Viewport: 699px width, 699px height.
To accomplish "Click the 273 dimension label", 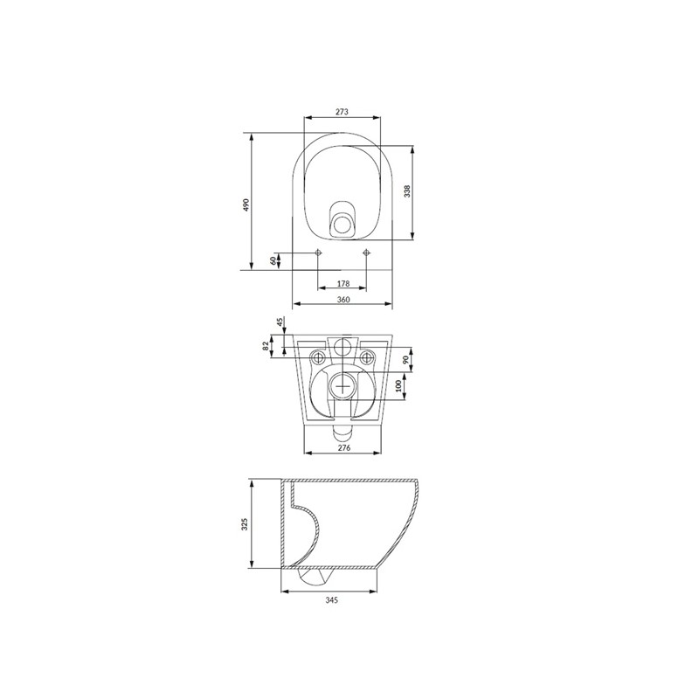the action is (x=342, y=112).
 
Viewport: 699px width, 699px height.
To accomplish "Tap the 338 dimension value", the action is (x=407, y=191).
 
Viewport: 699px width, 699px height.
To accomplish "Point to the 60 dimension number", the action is (x=273, y=260).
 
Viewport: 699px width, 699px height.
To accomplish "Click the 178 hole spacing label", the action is (x=343, y=283).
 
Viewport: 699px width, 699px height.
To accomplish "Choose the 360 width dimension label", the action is (x=343, y=300).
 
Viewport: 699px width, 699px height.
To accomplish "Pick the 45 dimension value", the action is (x=280, y=322).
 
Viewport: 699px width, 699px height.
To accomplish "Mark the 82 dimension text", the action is (x=266, y=346).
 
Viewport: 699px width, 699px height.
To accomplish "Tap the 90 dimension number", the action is (x=405, y=360).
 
